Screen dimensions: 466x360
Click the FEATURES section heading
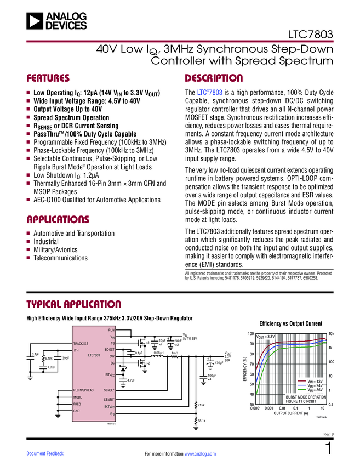(48, 78)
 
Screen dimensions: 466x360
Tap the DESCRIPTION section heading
(214, 78)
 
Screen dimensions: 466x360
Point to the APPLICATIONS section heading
(58, 220)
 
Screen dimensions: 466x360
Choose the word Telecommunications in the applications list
(60, 258)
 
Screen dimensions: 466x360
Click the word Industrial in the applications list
(46, 241)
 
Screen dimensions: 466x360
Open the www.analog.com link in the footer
(201, 454)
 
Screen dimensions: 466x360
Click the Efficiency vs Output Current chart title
(290, 323)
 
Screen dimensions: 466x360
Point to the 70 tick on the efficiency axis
(251, 364)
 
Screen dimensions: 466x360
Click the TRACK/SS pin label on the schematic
(81, 344)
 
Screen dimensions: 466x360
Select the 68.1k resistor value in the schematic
(201, 420)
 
